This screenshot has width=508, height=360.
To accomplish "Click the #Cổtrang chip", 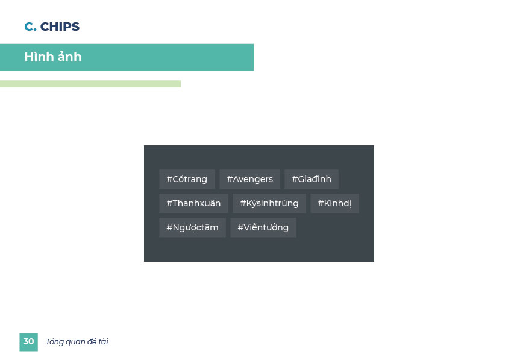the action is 187,179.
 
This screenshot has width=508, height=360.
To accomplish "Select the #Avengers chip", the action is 250,179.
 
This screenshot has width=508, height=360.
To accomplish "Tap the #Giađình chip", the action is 312,179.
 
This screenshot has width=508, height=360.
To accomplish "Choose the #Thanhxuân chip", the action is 194,203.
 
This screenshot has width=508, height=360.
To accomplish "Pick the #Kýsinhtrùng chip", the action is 269,203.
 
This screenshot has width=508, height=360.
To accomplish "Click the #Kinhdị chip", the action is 334,203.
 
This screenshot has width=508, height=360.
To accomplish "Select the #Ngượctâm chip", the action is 192,227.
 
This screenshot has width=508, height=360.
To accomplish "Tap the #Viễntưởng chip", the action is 263,227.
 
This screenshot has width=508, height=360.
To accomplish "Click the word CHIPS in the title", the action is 60,27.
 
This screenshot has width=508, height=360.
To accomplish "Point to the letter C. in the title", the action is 31,27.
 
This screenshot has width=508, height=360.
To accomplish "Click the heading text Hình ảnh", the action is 53,57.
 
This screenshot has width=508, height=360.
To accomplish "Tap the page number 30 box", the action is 28,342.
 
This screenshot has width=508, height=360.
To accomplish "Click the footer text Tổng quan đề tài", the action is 77,342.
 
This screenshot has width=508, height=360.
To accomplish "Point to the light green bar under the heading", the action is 90,84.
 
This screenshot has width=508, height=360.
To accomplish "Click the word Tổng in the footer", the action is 55,342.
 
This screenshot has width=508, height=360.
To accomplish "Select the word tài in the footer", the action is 104,342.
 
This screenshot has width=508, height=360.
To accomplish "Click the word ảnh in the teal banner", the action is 69,57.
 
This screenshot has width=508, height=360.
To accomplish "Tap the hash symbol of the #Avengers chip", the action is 230,179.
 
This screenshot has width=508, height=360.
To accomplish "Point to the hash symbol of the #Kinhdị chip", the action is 321,203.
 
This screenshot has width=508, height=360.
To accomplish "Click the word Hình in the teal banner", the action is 39,57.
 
